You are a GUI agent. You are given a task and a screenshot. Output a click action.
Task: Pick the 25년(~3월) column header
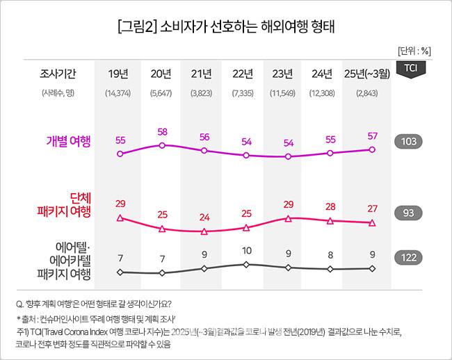click(372, 74)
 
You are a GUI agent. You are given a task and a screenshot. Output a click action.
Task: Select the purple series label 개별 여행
click(69, 142)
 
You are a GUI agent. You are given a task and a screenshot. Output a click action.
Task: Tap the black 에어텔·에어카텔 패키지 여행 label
click(64, 260)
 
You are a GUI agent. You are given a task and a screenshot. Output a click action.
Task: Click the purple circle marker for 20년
click(162, 145)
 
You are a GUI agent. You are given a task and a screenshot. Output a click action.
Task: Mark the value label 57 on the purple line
click(372, 136)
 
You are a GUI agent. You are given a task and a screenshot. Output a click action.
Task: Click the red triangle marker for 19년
click(120, 218)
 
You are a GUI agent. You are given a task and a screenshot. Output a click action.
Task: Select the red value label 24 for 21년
click(204, 217)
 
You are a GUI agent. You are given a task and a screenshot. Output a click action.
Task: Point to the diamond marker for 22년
click(246, 264)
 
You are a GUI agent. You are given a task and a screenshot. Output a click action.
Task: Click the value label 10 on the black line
click(246, 251)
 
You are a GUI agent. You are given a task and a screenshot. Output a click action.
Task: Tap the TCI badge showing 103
click(408, 142)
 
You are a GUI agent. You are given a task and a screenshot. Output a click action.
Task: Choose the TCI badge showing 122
click(408, 258)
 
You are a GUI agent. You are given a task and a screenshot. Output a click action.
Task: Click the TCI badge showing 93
click(408, 212)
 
